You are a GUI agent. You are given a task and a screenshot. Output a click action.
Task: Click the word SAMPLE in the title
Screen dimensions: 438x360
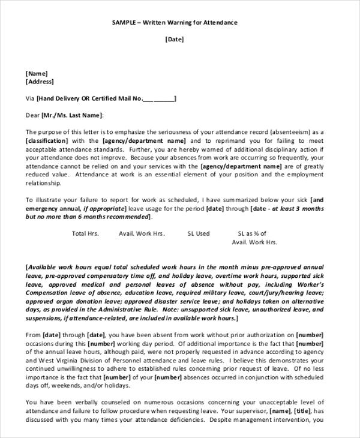tap(125, 22)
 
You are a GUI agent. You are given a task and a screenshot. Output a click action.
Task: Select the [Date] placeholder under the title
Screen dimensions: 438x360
tap(175, 40)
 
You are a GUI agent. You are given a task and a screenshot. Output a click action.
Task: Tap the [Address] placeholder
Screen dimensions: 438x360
tap(40, 82)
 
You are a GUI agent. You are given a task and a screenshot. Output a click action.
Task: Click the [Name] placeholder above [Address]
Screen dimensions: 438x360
tap(37, 73)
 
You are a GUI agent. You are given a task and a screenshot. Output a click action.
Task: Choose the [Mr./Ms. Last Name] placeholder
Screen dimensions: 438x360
tap(73, 115)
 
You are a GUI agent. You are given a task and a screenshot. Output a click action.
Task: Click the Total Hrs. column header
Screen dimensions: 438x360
tap(85, 233)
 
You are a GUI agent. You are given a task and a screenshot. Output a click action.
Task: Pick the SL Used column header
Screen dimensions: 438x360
tap(199, 233)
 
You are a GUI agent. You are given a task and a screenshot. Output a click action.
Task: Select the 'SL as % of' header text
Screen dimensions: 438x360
tap(252, 233)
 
